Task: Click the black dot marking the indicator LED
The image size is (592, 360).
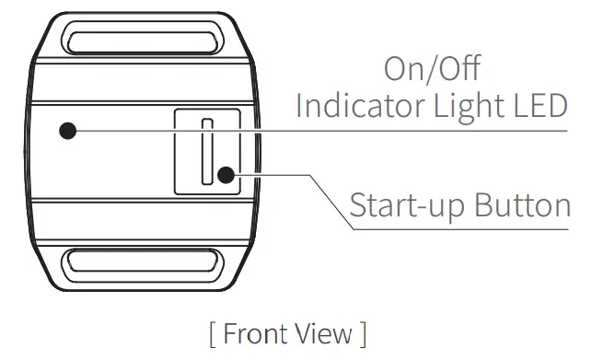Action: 67,131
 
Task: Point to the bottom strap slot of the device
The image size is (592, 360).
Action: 142,266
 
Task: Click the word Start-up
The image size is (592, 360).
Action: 406,205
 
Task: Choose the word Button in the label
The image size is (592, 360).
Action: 522,204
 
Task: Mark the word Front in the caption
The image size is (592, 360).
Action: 260,332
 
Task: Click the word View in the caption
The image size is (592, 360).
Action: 328,332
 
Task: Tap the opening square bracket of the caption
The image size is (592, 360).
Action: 213,333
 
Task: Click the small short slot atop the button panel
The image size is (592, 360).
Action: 207,122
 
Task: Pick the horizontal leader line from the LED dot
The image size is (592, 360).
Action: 322,131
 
